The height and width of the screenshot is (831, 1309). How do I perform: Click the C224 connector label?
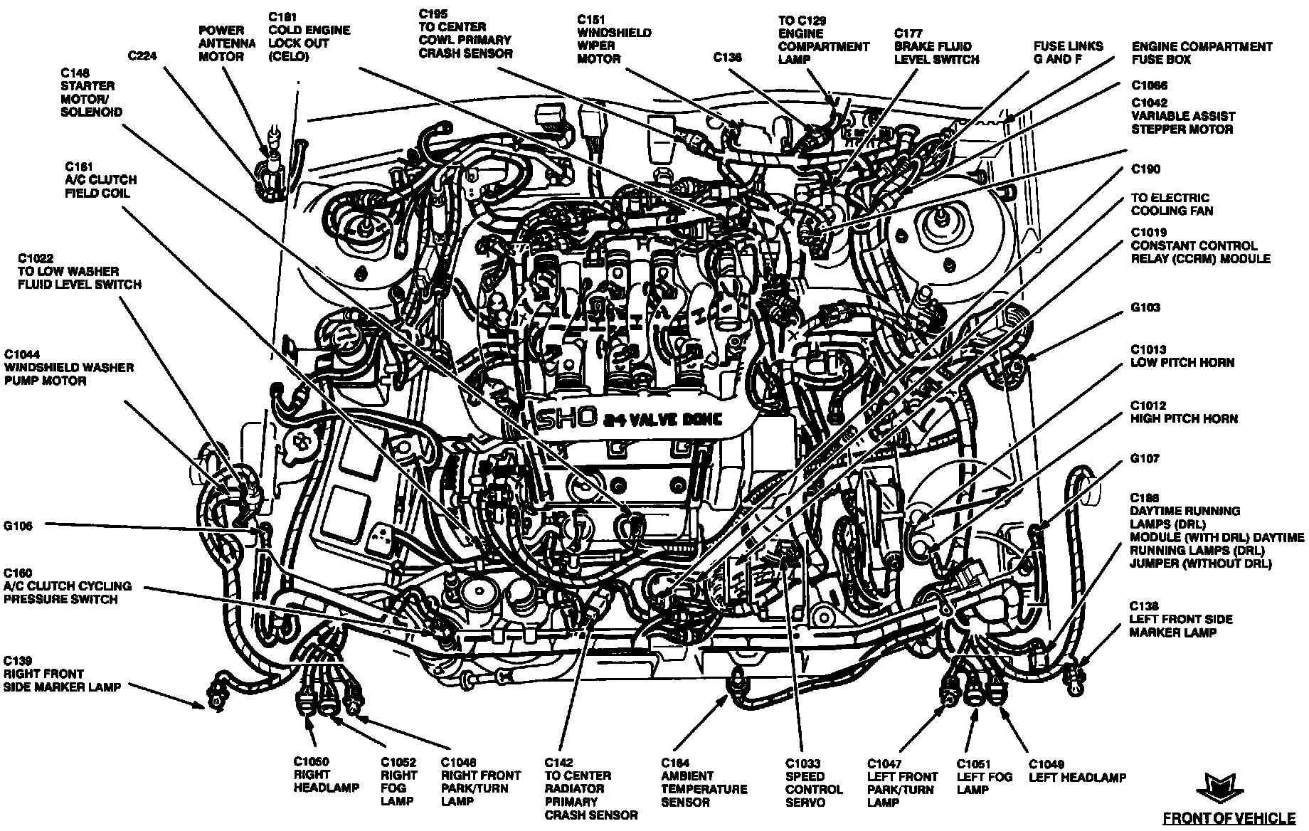tap(143, 55)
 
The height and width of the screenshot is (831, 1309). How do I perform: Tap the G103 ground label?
tap(1145, 307)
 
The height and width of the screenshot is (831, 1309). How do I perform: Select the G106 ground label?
tap(18, 526)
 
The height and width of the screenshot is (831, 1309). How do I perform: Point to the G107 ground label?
tap(1145, 459)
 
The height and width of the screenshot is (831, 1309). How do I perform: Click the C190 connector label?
tap(1145, 169)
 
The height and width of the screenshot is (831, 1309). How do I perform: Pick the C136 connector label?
tap(728, 58)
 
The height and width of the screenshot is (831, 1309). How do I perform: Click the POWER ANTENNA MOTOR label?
tap(226, 43)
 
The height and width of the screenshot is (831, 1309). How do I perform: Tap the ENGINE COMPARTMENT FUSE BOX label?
tap(1202, 53)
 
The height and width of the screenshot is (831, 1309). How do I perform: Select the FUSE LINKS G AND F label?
tap(1069, 53)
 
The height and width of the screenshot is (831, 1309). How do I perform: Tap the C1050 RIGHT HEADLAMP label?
tap(325, 775)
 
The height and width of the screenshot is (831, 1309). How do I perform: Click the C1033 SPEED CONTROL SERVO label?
tap(814, 783)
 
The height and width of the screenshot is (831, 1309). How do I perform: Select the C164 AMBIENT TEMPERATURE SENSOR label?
tap(704, 783)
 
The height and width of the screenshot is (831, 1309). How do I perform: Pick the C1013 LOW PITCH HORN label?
tap(1182, 356)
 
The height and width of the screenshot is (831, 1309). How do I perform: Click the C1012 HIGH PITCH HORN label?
tap(1184, 412)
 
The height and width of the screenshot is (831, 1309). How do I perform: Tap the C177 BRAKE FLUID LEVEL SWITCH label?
tap(936, 46)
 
